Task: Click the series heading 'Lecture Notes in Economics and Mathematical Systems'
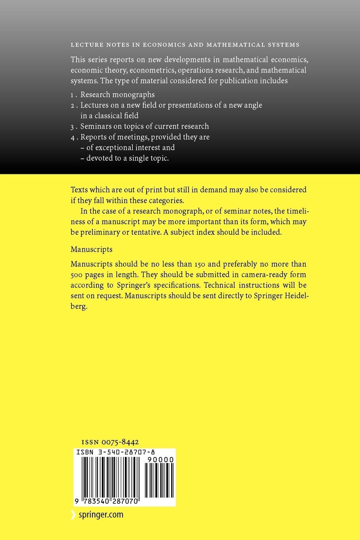185,45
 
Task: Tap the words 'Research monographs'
117,95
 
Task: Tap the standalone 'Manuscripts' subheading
91,249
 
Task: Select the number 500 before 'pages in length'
77,275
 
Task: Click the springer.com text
100,515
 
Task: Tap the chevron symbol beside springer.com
73,515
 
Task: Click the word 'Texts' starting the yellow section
79,190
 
